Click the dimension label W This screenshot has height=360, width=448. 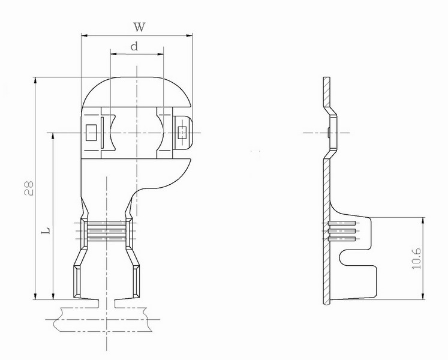click(139, 27)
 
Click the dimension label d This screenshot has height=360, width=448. click(134, 46)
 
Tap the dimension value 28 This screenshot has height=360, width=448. click(29, 188)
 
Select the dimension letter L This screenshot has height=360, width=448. click(46, 230)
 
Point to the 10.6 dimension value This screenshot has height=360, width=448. click(417, 259)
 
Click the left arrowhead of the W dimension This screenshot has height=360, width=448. click(85, 35)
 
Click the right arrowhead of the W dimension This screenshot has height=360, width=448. click(189, 35)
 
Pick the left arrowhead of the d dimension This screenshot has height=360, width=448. click(114, 54)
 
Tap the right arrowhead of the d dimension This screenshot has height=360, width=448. click(160, 54)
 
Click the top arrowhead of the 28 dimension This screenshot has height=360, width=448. click(35, 80)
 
